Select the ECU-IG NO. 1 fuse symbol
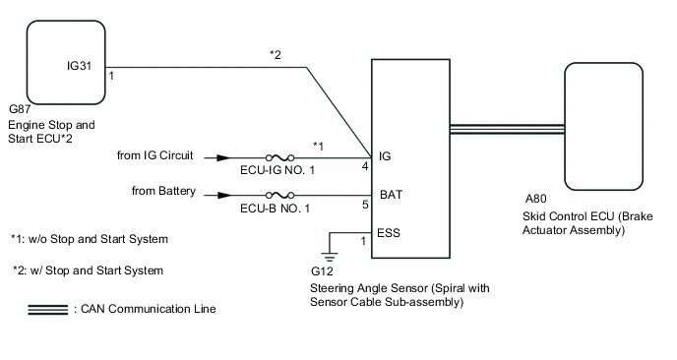tap(280, 156)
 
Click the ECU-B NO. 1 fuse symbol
tap(280, 194)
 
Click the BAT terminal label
tap(390, 195)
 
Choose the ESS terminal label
tap(390, 233)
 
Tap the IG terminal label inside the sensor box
tap(384, 156)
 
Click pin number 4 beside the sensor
tap(364, 167)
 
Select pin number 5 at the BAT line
tap(364, 206)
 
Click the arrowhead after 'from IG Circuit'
tap(224, 156)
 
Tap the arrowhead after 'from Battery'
tap(224, 194)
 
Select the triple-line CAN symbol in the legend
tap(49, 309)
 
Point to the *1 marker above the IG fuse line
tap(318, 145)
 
